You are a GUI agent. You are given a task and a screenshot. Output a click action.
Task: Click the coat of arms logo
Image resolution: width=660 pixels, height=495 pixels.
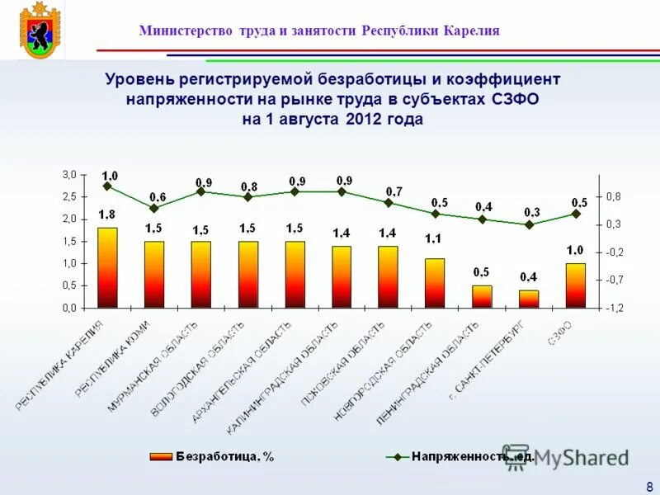click(x=37, y=31)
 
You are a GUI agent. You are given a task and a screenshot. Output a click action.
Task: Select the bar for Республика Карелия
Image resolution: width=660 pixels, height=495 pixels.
click(x=107, y=267)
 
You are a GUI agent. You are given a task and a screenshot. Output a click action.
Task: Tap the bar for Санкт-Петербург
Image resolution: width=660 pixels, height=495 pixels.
click(x=529, y=298)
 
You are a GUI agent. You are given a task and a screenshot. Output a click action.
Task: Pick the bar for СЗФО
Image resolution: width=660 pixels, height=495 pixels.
click(x=576, y=285)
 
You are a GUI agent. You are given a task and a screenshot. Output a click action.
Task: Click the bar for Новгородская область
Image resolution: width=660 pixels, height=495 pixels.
click(x=435, y=283)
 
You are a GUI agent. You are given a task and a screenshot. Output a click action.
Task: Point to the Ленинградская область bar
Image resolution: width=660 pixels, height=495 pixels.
click(x=482, y=296)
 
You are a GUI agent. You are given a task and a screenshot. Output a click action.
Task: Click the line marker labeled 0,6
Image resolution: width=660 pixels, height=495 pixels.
click(x=154, y=208)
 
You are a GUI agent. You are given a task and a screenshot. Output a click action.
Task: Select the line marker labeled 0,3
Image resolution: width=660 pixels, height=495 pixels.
click(x=529, y=224)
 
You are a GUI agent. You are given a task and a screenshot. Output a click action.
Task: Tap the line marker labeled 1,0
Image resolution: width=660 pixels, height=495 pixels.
click(x=107, y=186)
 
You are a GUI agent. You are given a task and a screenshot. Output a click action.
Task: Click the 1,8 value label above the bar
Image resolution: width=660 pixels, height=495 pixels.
click(x=107, y=214)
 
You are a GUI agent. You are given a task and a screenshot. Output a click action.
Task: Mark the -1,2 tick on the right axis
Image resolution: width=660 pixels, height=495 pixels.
click(x=615, y=308)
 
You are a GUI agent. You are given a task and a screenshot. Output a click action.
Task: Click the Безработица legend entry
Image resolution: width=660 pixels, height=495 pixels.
click(x=213, y=456)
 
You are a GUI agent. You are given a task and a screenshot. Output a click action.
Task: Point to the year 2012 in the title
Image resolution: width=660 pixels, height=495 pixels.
click(x=364, y=118)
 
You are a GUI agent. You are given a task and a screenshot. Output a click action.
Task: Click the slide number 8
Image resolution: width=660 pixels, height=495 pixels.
click(x=650, y=485)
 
